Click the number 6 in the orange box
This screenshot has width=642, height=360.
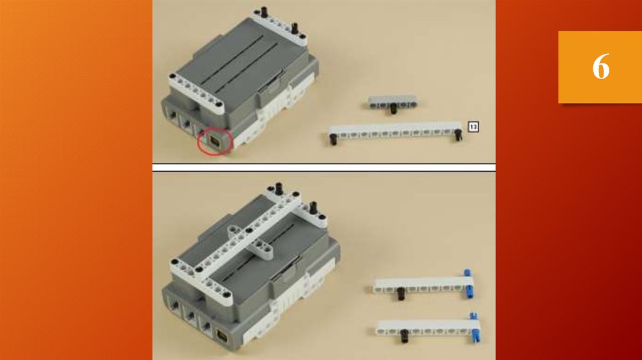point(601,66)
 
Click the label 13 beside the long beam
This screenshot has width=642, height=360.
point(473,127)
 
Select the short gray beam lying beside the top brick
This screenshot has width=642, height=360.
point(392,102)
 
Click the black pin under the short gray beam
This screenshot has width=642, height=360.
point(394,109)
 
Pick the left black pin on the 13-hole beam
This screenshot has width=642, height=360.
point(334,139)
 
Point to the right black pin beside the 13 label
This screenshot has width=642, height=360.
point(458,135)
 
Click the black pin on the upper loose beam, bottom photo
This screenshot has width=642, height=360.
point(401,294)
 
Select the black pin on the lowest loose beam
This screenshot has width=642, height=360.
point(404,336)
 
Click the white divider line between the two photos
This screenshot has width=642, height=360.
point(324,167)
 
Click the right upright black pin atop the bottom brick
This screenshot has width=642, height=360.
point(313,208)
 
